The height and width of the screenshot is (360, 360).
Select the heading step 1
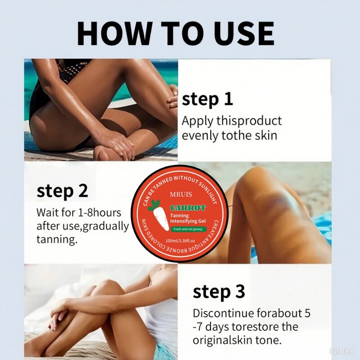(x=207, y=99)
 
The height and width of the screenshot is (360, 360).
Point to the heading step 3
(x=219, y=292)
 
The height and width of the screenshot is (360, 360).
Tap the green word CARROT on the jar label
(x=188, y=208)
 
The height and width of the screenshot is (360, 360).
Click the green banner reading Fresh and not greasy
(x=188, y=229)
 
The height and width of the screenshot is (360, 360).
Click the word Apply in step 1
(x=197, y=121)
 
